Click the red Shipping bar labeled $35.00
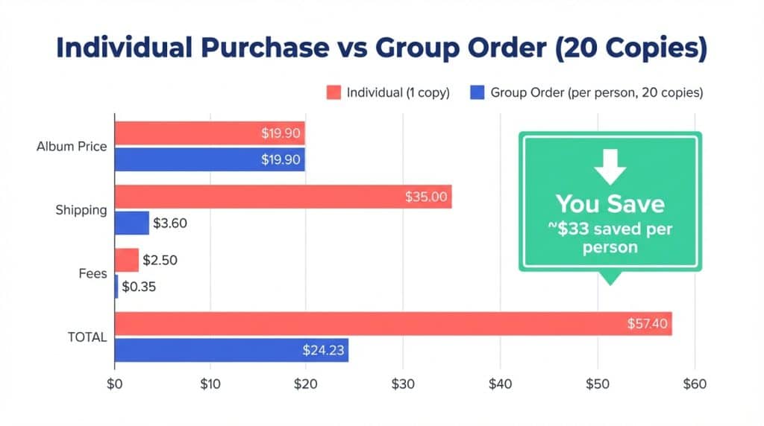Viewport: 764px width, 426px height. point(283,197)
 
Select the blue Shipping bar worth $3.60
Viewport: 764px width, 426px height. point(132,223)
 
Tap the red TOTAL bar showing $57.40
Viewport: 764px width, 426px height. point(393,324)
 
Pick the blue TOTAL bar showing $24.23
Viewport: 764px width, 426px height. point(231,350)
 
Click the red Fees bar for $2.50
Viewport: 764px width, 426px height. point(127,261)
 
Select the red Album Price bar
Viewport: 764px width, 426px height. point(210,133)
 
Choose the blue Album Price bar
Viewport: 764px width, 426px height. point(210,159)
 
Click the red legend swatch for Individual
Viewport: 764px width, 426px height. point(334,93)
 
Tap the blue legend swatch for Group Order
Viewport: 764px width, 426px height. point(477,93)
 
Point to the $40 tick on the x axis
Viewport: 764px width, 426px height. point(500,384)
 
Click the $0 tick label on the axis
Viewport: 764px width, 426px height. point(114,384)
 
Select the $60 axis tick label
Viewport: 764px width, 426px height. point(694,384)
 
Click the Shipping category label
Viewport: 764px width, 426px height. point(81,210)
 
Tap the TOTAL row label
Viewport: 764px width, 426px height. point(87,337)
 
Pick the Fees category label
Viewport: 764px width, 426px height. point(93,273)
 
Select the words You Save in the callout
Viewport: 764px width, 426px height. point(610,204)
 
